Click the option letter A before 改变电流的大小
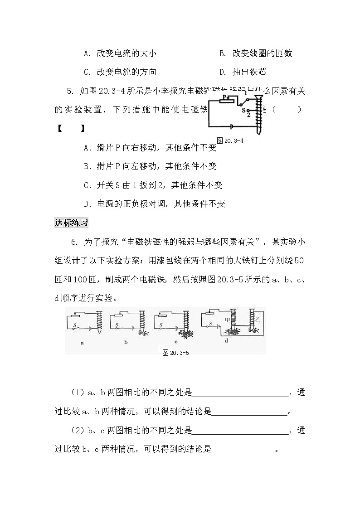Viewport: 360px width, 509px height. [87, 54]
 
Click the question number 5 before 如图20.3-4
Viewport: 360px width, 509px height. [70, 91]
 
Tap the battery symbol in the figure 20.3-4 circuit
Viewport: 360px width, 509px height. [232, 126]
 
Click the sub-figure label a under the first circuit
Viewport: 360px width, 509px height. [82, 343]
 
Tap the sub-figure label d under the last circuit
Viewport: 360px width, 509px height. [226, 341]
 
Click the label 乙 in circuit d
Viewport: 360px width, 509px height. [258, 320]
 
